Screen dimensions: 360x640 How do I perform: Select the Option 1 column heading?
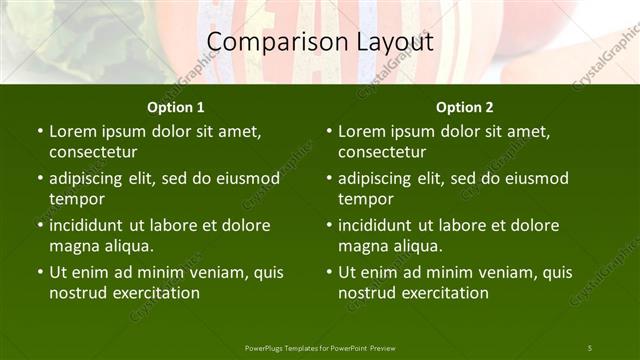click(x=176, y=107)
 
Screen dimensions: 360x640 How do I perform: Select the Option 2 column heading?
click(x=465, y=107)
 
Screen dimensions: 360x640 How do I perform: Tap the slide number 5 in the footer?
click(x=589, y=347)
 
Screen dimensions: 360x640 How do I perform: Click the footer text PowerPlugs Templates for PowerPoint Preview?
click(x=320, y=347)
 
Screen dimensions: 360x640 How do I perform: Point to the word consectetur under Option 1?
click(x=93, y=152)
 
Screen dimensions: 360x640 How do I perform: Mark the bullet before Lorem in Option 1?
click(x=39, y=131)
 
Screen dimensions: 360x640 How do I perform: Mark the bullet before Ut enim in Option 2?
click(x=328, y=272)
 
